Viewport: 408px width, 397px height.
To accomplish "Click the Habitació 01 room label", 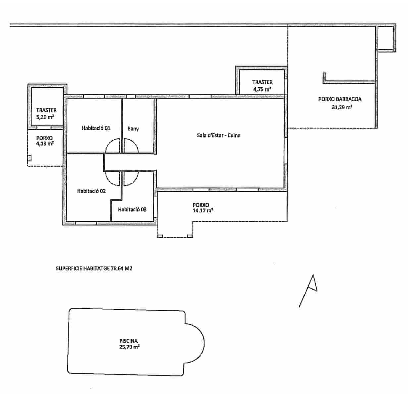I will coord(96,128).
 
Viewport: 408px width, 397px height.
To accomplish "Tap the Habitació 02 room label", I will coord(91,191).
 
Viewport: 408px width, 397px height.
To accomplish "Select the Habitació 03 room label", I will coord(132,209).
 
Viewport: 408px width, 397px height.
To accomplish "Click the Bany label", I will coord(133,129).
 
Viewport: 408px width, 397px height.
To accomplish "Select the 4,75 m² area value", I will coord(262,89).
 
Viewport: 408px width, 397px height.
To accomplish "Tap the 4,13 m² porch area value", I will coord(45,144).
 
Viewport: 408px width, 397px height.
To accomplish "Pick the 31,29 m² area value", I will coord(342,107).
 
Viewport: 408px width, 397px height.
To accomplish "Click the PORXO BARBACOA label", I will coord(340,99).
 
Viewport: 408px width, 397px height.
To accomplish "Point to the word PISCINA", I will coord(128,341).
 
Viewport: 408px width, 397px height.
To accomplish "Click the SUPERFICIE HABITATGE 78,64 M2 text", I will coord(94,269).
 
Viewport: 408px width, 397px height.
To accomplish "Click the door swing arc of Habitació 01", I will coord(111,146).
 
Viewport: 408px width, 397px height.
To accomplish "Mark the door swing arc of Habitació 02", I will coord(111,178).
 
